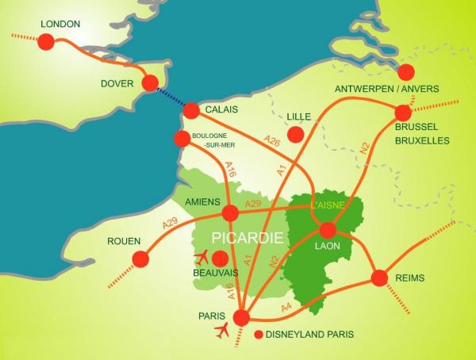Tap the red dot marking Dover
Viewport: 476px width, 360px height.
click(x=148, y=82)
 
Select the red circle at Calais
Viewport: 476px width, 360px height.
click(x=191, y=111)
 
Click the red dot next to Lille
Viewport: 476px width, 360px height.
click(x=295, y=135)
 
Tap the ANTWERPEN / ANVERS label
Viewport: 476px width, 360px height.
click(x=386, y=89)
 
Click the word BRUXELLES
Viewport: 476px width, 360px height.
click(x=422, y=140)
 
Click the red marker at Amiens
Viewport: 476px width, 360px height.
click(x=230, y=213)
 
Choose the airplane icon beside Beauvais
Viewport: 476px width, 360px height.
click(x=202, y=258)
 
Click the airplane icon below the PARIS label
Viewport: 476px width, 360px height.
click(x=221, y=330)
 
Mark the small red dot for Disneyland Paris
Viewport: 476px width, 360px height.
click(x=257, y=335)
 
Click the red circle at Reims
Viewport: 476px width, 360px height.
click(x=379, y=278)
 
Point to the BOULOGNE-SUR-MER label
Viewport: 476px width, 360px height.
click(x=210, y=141)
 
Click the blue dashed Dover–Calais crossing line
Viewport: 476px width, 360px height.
click(x=170, y=98)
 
